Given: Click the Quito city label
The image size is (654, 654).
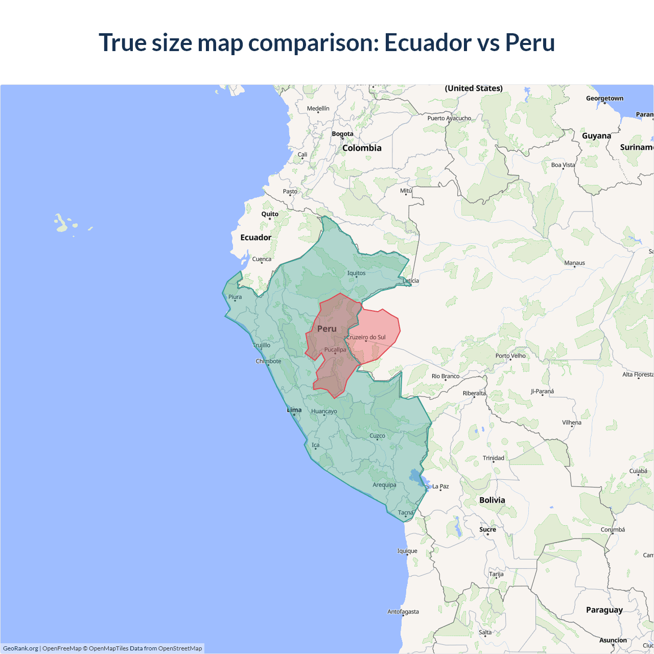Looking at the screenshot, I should [270, 214].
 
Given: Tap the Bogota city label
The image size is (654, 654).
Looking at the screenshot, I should [342, 134].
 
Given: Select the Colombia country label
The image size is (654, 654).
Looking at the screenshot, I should [362, 148].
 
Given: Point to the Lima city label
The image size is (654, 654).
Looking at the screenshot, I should [294, 410].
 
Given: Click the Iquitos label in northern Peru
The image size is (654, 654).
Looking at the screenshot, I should [356, 273].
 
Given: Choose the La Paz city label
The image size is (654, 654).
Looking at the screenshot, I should [440, 486].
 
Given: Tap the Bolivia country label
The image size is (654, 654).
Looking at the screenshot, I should [492, 500].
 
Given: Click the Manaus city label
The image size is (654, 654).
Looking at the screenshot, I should [574, 263].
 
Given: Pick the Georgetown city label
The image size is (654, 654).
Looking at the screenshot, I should [604, 98].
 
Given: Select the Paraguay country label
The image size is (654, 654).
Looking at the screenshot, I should [604, 610].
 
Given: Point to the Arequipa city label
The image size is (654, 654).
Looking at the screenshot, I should [384, 485].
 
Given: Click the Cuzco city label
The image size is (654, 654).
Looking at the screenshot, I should [377, 436].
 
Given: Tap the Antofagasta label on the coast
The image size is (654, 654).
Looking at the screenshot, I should [403, 612].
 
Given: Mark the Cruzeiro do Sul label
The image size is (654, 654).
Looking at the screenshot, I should [366, 337].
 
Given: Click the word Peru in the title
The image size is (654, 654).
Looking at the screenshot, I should [530, 42].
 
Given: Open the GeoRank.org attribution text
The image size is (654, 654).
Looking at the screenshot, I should [20, 648].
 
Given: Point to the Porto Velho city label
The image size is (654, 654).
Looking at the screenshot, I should [510, 356].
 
